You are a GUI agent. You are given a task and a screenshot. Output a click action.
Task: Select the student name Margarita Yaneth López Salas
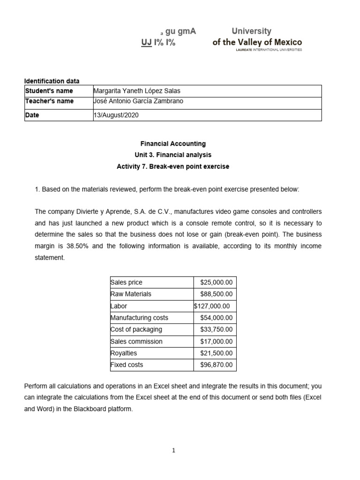(x=137, y=91)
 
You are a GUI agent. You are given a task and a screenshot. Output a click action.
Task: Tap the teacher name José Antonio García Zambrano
(x=139, y=101)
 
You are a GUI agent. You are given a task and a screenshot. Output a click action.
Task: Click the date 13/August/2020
(x=116, y=115)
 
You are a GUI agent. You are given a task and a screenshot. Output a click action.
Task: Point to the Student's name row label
(x=49, y=91)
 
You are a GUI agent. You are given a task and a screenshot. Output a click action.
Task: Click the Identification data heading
(x=52, y=81)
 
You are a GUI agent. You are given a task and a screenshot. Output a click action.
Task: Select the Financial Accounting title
(x=173, y=144)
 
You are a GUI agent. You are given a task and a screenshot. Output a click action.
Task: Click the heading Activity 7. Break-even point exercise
(x=173, y=166)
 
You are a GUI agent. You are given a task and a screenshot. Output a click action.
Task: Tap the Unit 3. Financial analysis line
(x=173, y=155)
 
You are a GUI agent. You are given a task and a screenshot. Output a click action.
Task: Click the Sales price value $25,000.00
(x=216, y=282)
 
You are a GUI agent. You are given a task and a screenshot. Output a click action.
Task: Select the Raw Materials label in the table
(x=131, y=294)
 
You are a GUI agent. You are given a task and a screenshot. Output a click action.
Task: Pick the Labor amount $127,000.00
(x=212, y=306)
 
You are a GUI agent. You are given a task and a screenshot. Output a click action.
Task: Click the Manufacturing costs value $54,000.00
(x=216, y=318)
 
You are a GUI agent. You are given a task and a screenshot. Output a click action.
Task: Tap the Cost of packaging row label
(x=136, y=330)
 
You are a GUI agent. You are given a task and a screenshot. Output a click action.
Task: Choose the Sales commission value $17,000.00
(x=216, y=341)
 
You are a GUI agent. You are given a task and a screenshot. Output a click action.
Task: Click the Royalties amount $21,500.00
(x=216, y=353)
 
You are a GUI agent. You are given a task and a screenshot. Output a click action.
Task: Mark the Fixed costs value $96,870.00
(x=216, y=365)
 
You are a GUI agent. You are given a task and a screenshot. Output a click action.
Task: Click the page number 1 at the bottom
(x=173, y=451)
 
